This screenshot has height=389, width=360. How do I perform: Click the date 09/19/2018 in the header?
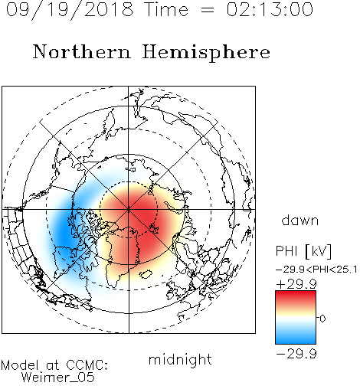(x=70, y=10)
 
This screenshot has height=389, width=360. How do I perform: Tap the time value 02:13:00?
(x=270, y=9)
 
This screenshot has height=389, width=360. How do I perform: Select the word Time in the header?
(x=166, y=9)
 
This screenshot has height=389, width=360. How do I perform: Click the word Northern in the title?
(x=82, y=51)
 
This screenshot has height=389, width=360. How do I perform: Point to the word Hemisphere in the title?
(x=206, y=53)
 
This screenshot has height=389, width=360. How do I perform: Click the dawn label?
(x=300, y=221)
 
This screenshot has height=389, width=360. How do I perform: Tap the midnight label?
(x=180, y=359)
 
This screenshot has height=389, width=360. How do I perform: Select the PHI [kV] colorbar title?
(x=303, y=251)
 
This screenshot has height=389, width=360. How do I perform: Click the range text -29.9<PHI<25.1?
(x=316, y=270)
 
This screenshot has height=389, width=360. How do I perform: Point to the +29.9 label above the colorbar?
(x=296, y=284)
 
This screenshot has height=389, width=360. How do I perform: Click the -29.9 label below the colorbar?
(x=296, y=354)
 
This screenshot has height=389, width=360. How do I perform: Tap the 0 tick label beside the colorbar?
(x=322, y=319)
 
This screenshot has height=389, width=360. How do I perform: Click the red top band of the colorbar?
(x=296, y=296)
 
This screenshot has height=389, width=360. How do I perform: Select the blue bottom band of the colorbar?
(x=296, y=338)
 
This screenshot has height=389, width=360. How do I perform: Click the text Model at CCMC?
(x=54, y=365)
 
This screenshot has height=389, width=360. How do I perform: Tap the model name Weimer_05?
(x=58, y=378)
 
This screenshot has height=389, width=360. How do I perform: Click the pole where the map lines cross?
(x=129, y=209)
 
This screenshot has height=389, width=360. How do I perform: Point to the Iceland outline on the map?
(x=146, y=274)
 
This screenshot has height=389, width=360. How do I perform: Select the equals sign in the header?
(x=208, y=11)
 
